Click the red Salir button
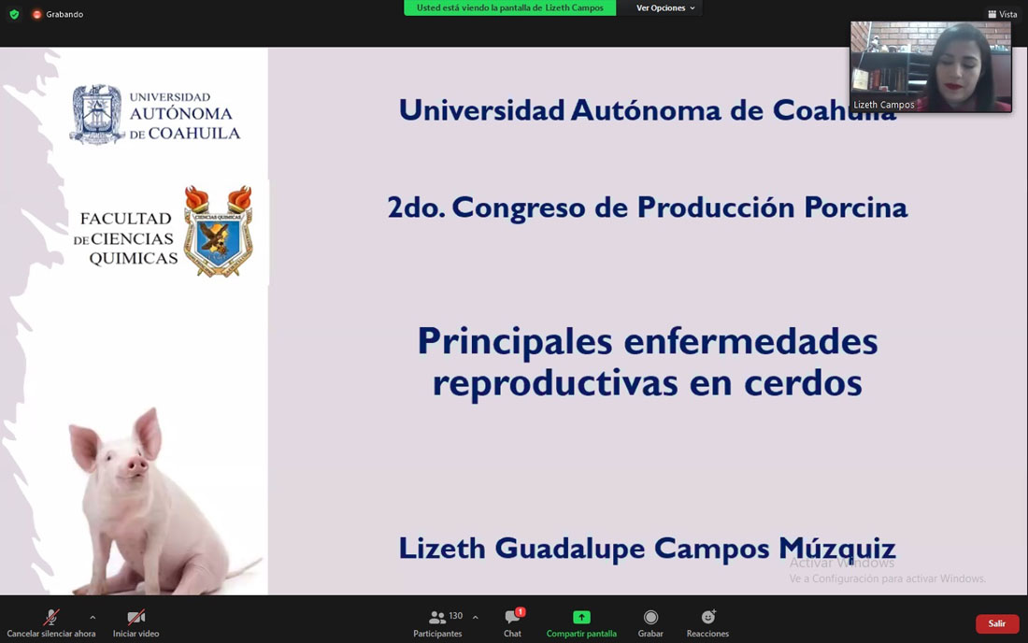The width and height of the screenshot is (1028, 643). coord(996,623)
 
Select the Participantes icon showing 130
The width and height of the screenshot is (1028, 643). coord(437,618)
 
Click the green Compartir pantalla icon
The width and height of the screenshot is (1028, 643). coord(581,617)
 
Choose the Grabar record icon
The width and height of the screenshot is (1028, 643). coord(650,617)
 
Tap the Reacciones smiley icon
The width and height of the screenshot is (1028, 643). coord(708,617)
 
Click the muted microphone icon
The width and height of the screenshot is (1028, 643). coord(51,617)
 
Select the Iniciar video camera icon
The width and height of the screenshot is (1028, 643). coord(136,617)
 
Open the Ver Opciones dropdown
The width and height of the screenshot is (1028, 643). coord(665,7)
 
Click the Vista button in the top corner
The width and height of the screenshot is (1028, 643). coord(1003,14)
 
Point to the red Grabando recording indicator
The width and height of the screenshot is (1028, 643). coord(37,14)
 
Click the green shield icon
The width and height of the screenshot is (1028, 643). coord(14,14)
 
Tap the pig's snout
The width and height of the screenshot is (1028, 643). coord(136,466)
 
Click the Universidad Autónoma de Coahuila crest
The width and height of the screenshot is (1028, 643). coord(97,114)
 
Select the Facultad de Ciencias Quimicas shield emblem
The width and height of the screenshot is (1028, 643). coord(219,232)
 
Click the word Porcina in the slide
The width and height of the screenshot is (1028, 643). coord(855,207)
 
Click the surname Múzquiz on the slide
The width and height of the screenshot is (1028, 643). coord(836,548)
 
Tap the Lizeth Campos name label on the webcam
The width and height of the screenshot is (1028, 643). coord(883,105)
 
